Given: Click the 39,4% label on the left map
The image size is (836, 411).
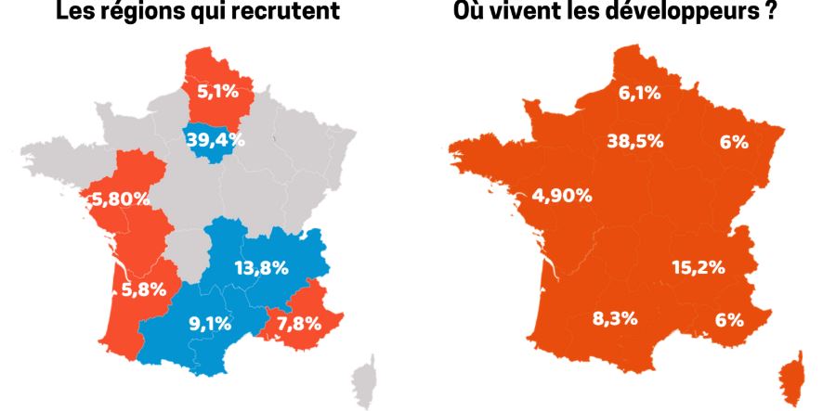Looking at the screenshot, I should [216, 140].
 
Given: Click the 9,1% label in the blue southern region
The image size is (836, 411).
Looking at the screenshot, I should [211, 325].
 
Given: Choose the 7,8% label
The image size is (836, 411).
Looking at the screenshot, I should [299, 324].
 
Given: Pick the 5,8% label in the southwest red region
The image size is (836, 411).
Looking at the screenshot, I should [145, 289].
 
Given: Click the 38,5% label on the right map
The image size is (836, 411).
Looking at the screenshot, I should [634, 141].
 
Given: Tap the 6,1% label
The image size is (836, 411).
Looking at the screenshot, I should [639, 92].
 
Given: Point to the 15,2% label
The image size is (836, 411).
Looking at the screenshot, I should [698, 267].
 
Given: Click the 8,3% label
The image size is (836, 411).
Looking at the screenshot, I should [615, 319].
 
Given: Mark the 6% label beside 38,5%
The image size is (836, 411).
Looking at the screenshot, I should [734, 142].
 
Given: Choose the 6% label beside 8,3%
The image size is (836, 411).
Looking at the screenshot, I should [729, 319].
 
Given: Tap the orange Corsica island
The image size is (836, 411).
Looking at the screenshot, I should [792, 377].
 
